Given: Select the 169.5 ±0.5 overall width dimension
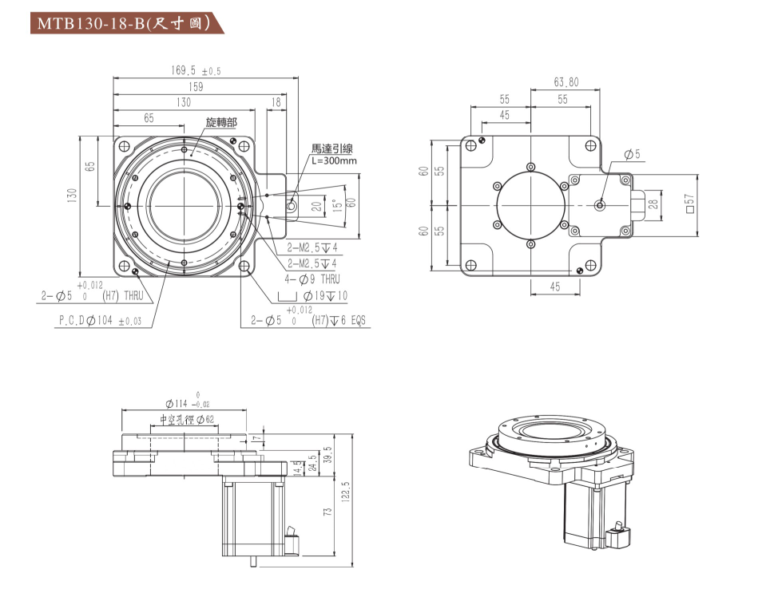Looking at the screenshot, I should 196,70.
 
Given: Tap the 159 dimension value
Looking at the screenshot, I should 196,86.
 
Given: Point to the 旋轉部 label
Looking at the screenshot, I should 221,123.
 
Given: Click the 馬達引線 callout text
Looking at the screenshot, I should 332,149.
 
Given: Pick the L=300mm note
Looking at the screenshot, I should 334,160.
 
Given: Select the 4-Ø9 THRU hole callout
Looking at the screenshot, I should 312,279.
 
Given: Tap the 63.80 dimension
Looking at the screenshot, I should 566,81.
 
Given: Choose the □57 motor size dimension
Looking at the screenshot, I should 691,206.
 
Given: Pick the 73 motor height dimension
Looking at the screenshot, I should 327,512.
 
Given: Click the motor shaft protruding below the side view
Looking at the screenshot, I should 254,559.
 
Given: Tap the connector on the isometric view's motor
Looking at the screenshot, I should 617,536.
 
